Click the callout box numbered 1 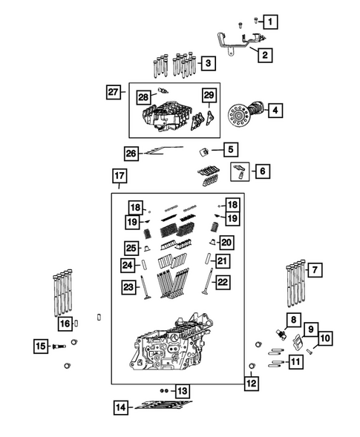(272, 22)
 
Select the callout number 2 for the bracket (262, 53)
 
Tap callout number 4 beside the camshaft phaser (275, 111)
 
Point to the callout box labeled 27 (114, 92)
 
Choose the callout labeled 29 (209, 96)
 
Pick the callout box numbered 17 (119, 176)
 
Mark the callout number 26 (131, 153)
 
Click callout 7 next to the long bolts (315, 270)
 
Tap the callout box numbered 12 (252, 384)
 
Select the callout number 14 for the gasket (120, 407)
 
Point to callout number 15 (41, 346)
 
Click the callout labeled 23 (131, 287)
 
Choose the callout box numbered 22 (222, 282)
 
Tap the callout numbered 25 (131, 247)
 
